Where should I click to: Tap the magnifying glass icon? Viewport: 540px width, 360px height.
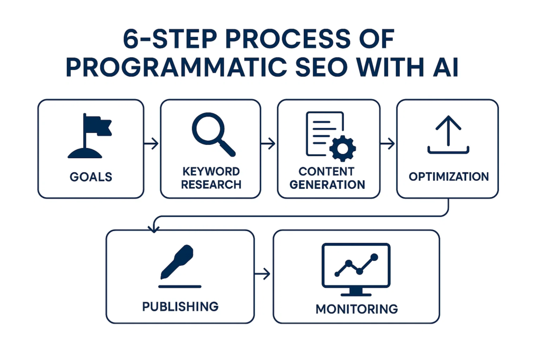click(x=213, y=134)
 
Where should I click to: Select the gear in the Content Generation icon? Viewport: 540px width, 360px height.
click(x=342, y=149)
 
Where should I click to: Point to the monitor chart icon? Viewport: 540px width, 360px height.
click(x=356, y=269)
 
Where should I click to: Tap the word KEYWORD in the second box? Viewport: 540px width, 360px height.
click(x=210, y=172)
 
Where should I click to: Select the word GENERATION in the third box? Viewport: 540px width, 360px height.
click(x=327, y=184)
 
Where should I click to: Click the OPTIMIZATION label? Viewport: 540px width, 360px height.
click(x=448, y=176)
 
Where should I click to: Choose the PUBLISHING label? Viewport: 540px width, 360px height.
click(x=180, y=306)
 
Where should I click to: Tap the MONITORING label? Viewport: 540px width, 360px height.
click(x=356, y=308)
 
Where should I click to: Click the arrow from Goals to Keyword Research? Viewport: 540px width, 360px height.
click(x=152, y=143)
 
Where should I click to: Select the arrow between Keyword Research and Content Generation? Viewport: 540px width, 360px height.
click(x=269, y=143)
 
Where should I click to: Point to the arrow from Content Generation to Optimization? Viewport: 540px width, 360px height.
click(x=388, y=143)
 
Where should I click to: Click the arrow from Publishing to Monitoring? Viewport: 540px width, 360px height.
click(x=264, y=274)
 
